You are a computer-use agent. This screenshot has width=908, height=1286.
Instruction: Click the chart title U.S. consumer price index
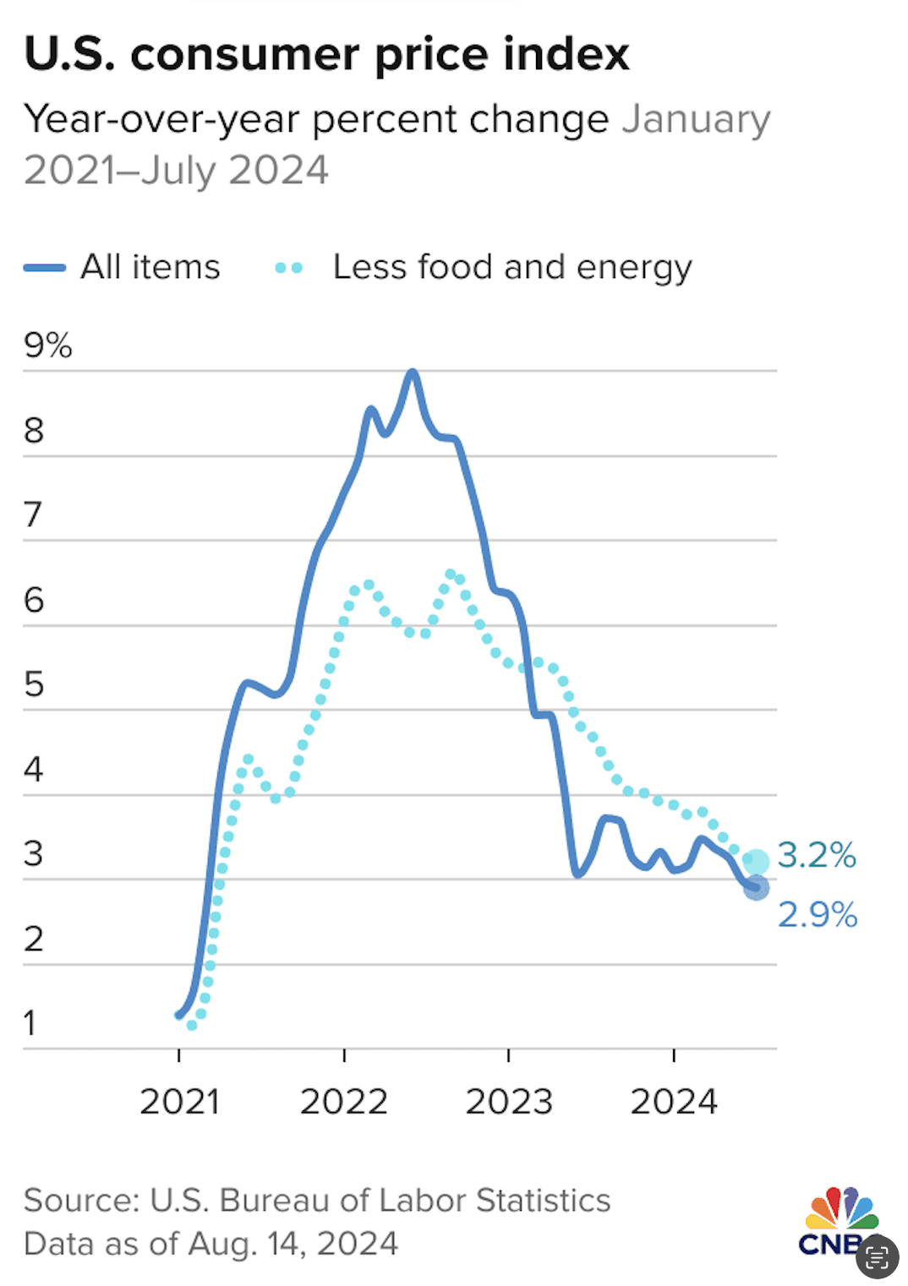[x=326, y=55]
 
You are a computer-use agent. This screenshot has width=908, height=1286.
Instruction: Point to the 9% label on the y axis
[x=47, y=346]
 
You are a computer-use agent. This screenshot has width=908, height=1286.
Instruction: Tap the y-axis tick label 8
[x=34, y=431]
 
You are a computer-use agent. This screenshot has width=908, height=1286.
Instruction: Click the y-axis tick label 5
[x=34, y=684]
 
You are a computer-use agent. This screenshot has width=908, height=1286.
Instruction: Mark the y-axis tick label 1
[x=30, y=1023]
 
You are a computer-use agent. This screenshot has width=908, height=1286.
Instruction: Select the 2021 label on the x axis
[x=179, y=1102]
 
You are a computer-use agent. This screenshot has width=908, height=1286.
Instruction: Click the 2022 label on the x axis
[x=343, y=1102]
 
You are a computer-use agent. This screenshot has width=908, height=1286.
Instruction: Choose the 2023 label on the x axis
[x=508, y=1102]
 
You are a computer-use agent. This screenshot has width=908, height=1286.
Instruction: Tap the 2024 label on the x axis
[x=674, y=1102]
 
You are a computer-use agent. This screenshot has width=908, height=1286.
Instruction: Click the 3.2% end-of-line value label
[x=816, y=855]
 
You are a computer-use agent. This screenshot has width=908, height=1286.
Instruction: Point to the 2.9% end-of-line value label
[x=817, y=915]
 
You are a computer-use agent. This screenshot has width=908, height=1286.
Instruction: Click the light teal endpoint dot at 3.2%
[x=756, y=862]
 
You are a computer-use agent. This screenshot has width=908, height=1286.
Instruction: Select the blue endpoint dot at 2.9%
[x=756, y=888]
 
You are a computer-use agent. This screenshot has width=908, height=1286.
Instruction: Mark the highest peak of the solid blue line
[x=412, y=372]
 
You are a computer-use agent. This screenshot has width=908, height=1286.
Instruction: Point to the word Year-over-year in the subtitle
[x=161, y=119]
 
